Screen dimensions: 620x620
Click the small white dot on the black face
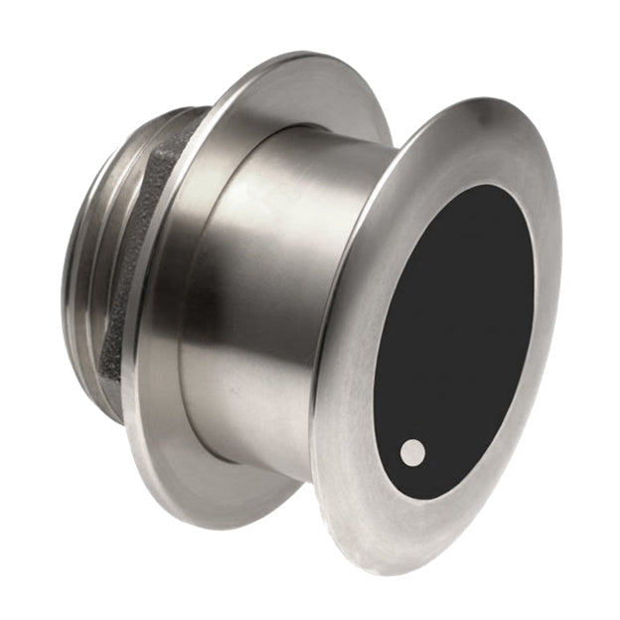click(x=412, y=453)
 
